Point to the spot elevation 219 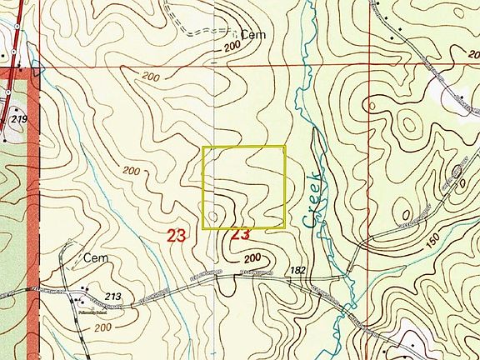pyautogui.click(x=18, y=121)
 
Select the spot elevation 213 pyautogui.click(x=114, y=296)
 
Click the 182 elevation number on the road pyautogui.click(x=298, y=270)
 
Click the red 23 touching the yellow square pyautogui.click(x=240, y=235)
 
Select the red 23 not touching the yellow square pyautogui.click(x=176, y=236)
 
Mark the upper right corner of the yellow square pyautogui.click(x=285, y=147)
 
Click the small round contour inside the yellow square pyautogui.click(x=217, y=217)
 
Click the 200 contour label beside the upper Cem pyautogui.click(x=232, y=49)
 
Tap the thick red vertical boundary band pyautogui.click(x=34, y=208)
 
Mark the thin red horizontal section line pyautogui.click(x=250, y=67)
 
